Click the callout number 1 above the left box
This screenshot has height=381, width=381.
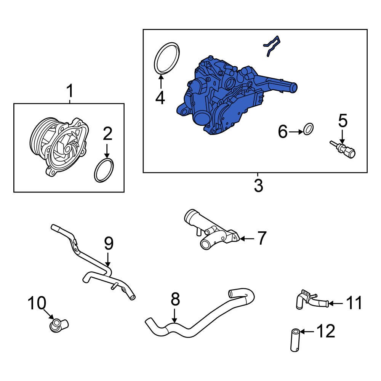pyautogui.click(x=70, y=92)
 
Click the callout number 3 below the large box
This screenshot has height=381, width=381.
pyautogui.click(x=258, y=186)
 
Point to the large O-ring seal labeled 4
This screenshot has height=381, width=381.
pyautogui.click(x=167, y=58)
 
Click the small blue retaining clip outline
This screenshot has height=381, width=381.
pyautogui.click(x=271, y=46)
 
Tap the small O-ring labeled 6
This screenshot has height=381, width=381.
pyautogui.click(x=309, y=130)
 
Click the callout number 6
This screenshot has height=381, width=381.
pyautogui.click(x=282, y=132)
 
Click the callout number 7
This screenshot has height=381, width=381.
pyautogui.click(x=261, y=239)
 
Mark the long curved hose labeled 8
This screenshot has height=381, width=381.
pyautogui.click(x=198, y=320)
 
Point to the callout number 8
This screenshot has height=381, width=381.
pyautogui.click(x=175, y=300)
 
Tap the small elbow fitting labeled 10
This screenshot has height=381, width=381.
pyautogui.click(x=58, y=325)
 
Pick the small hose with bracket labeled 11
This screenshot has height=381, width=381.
pyautogui.click(x=311, y=300)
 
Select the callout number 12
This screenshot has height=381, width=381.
pyautogui.click(x=325, y=331)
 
